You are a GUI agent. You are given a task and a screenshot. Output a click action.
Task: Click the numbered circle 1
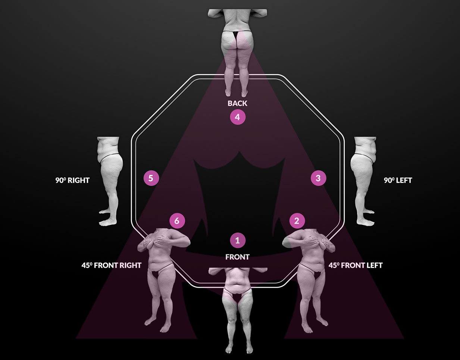(238, 240)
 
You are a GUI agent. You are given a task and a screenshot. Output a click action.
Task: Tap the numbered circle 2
(297, 221)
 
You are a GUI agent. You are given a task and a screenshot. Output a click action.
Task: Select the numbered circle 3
(318, 178)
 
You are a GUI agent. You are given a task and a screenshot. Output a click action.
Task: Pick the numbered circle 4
(238, 117)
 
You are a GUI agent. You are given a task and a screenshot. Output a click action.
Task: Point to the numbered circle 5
(151, 178)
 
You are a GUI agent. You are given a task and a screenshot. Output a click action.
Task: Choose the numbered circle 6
(177, 221)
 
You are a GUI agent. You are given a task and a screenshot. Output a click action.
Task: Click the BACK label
(238, 103)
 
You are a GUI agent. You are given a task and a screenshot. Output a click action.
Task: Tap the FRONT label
(238, 257)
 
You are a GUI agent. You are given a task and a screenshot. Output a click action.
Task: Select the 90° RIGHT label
(73, 181)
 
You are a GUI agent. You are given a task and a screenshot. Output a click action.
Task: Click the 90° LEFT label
(398, 181)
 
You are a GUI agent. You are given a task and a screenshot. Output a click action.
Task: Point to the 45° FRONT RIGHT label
(112, 266)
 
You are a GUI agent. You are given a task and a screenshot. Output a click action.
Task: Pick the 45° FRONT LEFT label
(356, 266)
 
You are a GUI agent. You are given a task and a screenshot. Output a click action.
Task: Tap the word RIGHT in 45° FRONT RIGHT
(130, 266)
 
